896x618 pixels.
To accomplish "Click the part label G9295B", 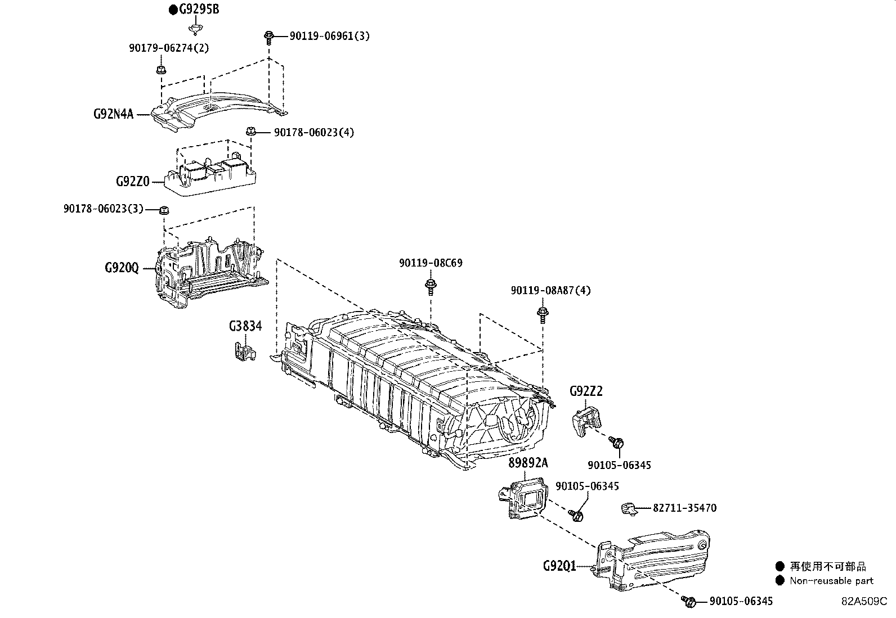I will coord(199,10).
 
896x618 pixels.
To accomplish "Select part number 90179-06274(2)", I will coord(169,48).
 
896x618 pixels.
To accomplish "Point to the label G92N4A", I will coord(113,115).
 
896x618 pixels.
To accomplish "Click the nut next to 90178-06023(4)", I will coord(252,132).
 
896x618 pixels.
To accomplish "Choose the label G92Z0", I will coord(132,182).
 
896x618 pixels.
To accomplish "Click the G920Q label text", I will coord(121,268).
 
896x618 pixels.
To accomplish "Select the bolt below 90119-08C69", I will coord(431,285).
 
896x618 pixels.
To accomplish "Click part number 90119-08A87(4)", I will coord(550,291).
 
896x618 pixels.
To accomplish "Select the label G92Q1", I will coord(559,566).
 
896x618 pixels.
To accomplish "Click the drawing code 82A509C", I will coord(864,601).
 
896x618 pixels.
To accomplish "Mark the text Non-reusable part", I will coord(831,581).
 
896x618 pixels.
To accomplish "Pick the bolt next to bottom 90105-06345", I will coord(688,602).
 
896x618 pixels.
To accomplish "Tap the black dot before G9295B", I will coord(174,10).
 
